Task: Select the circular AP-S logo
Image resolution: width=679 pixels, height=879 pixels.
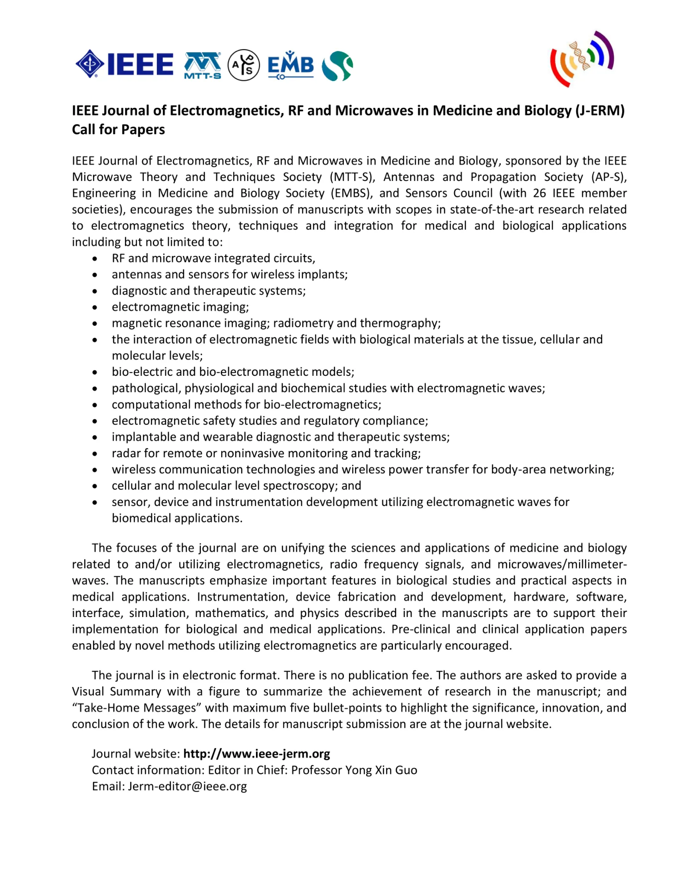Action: pyautogui.click(x=243, y=65)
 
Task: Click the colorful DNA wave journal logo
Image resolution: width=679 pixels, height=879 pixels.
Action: pyautogui.click(x=582, y=59)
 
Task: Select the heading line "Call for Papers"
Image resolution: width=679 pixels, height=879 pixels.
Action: pyautogui.click(x=118, y=130)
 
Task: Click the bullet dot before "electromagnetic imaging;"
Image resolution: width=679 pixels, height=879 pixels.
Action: pyautogui.click(x=95, y=307)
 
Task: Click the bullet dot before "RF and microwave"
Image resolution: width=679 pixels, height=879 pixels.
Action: pyautogui.click(x=95, y=259)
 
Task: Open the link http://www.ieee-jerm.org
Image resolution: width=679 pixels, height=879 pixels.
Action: pyautogui.click(x=256, y=754)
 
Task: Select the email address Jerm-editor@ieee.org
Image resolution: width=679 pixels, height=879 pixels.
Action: pyautogui.click(x=187, y=786)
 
